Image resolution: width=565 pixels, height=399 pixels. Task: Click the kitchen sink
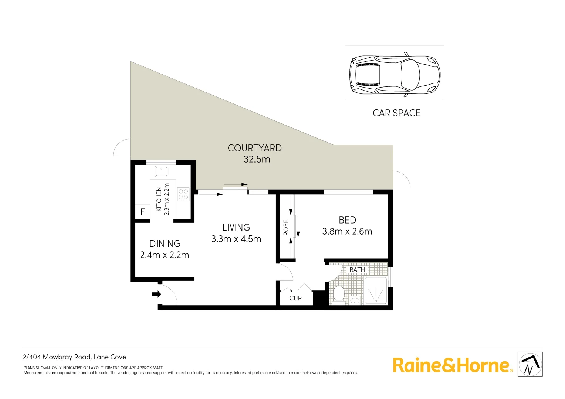(x=161, y=171)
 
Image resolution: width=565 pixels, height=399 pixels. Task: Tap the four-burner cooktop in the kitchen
(x=183, y=194)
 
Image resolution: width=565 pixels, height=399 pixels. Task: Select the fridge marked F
(x=143, y=212)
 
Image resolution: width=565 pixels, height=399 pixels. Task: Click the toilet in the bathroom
(x=338, y=293)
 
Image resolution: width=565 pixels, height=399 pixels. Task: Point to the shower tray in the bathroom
(x=376, y=291)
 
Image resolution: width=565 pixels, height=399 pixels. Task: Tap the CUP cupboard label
(x=295, y=298)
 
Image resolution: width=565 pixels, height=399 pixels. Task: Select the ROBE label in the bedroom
(x=286, y=228)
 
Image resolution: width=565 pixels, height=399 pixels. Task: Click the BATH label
(x=357, y=270)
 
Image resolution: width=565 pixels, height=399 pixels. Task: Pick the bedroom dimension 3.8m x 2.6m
(x=347, y=232)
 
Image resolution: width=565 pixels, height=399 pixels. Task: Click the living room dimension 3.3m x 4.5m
(x=236, y=239)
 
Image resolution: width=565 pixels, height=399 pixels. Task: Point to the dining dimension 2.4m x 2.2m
(x=165, y=255)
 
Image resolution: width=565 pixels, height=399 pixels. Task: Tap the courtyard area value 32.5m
(x=257, y=159)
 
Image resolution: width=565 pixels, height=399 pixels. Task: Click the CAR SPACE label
(x=396, y=113)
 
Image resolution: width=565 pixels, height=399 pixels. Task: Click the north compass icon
(x=530, y=364)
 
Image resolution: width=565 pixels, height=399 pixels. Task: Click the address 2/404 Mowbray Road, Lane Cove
(x=74, y=357)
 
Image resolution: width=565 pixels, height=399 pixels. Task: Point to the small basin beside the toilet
(x=355, y=300)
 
